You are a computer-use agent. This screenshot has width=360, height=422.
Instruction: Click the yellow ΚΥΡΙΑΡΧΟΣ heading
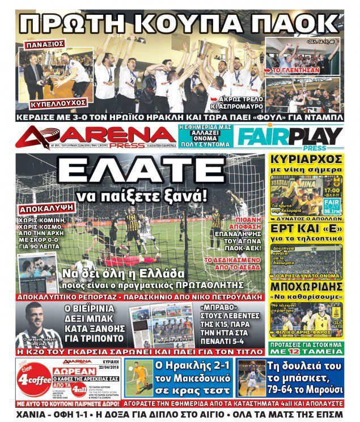click(306, 159)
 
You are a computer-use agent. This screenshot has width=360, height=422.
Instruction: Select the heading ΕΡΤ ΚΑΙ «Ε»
click(306, 227)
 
